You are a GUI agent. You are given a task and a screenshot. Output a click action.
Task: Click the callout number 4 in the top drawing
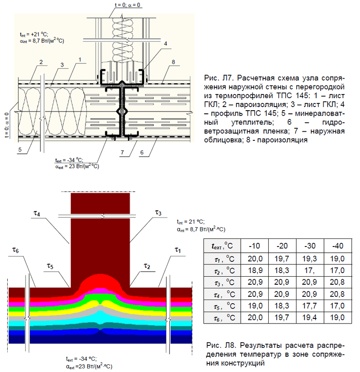[166, 44]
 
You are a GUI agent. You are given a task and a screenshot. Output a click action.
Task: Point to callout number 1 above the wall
[80, 59]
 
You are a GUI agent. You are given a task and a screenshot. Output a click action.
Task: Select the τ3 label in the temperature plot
[157, 211]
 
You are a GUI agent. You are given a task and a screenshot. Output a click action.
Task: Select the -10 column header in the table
[255, 246]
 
